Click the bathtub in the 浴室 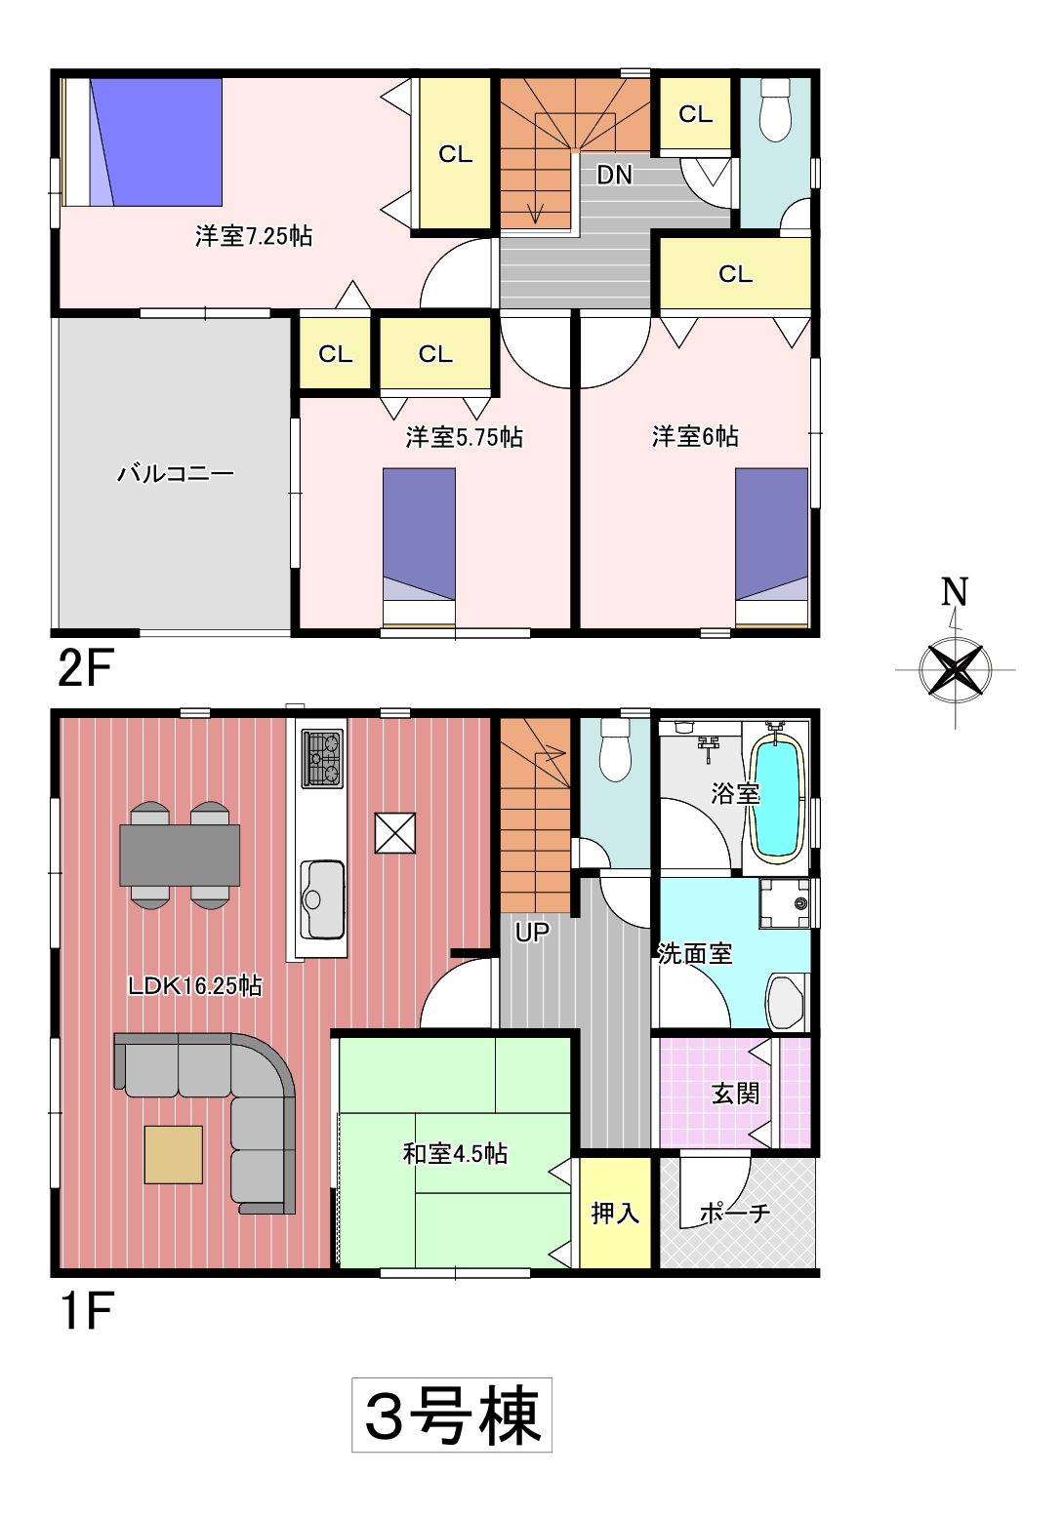(778, 798)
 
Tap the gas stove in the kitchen (323, 757)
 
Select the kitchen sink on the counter (322, 898)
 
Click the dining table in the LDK (180, 855)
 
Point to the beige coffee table (174, 1154)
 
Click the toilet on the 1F (616, 749)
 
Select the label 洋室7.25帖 (253, 236)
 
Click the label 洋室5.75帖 (464, 437)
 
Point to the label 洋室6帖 (695, 436)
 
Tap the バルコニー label (176, 473)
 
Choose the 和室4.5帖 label (455, 1153)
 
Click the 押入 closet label (615, 1214)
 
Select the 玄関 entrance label (736, 1094)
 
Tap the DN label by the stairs (615, 176)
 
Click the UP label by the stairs (532, 933)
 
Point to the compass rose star (955, 670)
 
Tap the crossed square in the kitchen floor (395, 832)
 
